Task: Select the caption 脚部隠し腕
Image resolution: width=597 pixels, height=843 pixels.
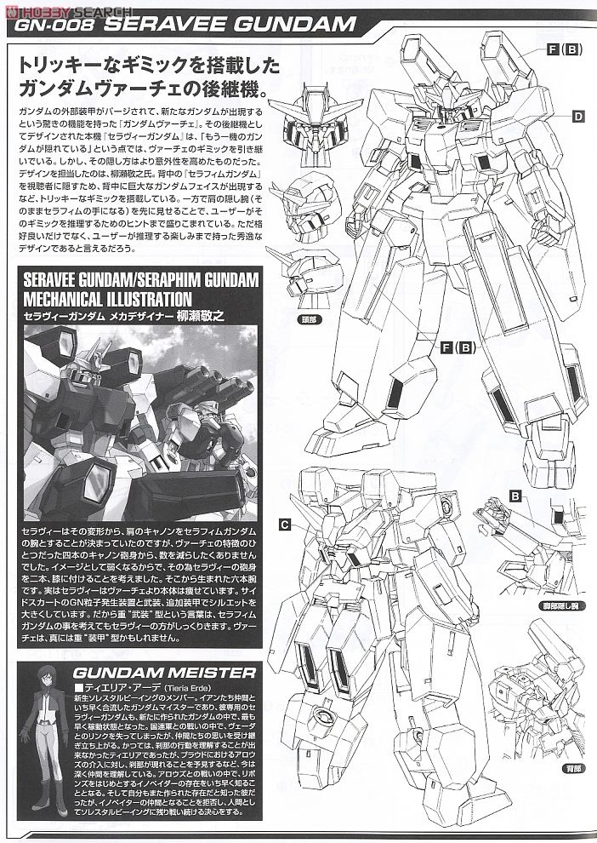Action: pyautogui.click(x=562, y=606)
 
